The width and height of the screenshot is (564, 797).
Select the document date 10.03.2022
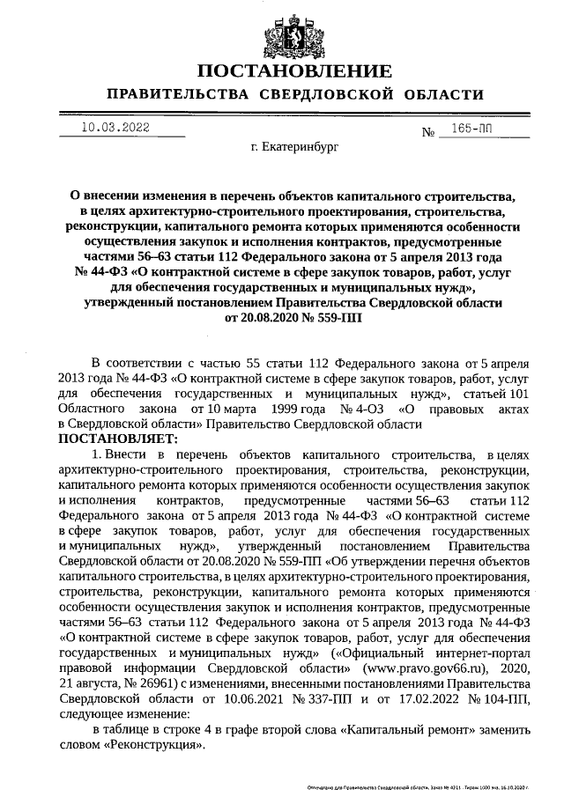tap(115, 128)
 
